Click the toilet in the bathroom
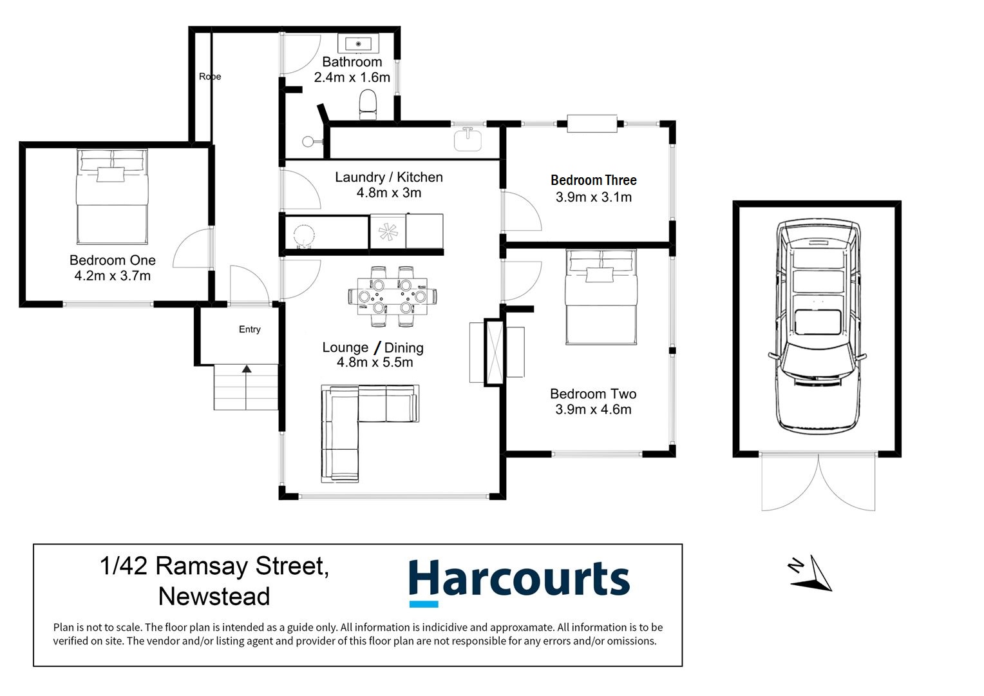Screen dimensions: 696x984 [x=368, y=104]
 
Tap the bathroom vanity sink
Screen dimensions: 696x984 [x=358, y=44]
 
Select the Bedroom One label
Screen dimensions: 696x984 [x=113, y=260]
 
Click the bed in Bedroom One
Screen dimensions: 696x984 [x=112, y=197]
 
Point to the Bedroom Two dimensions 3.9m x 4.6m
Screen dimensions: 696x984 [x=593, y=409]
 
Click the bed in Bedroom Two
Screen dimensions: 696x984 [x=601, y=296]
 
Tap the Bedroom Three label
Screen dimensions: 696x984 [x=593, y=180]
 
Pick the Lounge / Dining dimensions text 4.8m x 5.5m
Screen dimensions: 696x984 [x=375, y=362]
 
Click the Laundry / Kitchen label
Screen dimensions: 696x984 [x=388, y=177]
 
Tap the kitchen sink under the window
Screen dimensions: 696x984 [x=468, y=138]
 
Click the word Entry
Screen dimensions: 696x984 [x=250, y=329]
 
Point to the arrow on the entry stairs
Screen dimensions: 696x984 [x=246, y=369]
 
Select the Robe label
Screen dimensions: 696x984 [x=210, y=77]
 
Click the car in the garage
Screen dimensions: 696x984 [x=817, y=325]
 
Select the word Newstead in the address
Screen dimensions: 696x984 [x=214, y=596]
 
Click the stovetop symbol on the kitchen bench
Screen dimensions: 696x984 [x=388, y=232]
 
